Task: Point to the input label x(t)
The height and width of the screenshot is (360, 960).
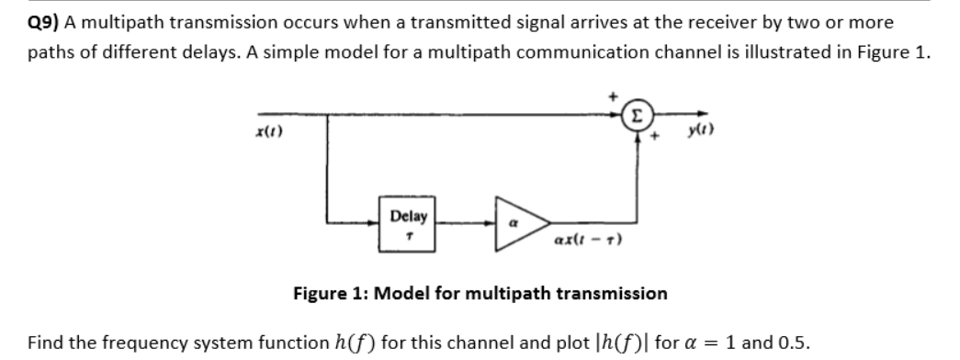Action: pyautogui.click(x=273, y=132)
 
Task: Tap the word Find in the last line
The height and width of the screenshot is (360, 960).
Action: pyautogui.click(x=44, y=343)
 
